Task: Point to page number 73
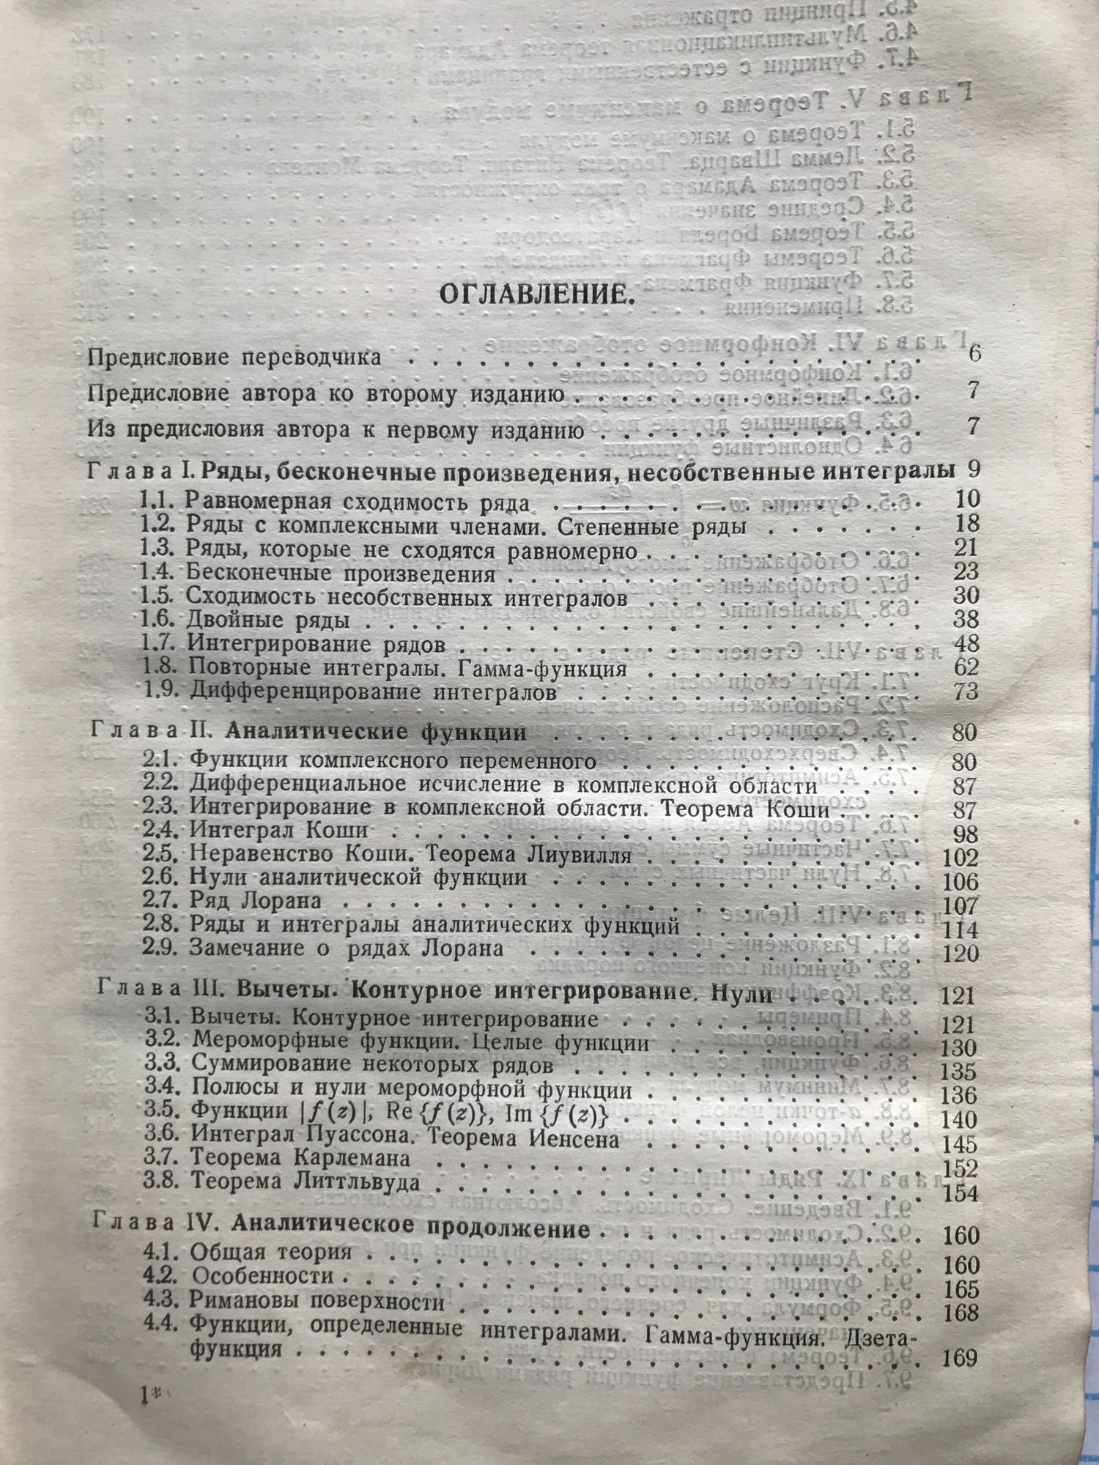[966, 691]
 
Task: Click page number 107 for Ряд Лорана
[961, 905]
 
